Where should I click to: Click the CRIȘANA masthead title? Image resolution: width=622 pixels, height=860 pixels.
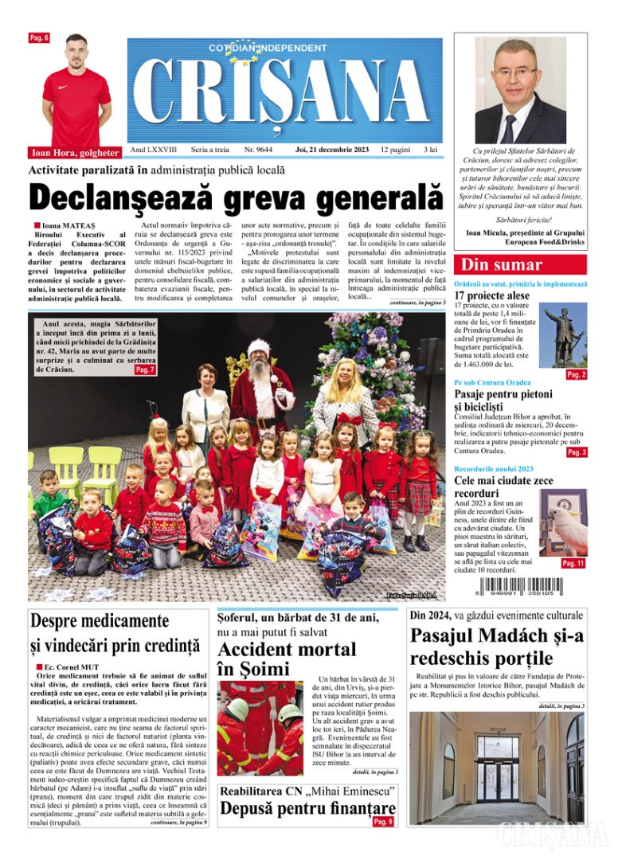pos(285,92)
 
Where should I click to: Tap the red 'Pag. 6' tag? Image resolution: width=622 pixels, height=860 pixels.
pos(39,38)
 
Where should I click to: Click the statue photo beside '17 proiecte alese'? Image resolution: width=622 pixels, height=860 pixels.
pos(565,337)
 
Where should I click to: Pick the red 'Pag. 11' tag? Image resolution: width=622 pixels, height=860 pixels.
pos(573,563)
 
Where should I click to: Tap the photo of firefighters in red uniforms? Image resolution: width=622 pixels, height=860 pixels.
pos(260,728)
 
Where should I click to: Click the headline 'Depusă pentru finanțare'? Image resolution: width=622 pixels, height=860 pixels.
pos(307,811)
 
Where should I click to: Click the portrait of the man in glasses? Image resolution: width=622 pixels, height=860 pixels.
pos(520,90)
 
